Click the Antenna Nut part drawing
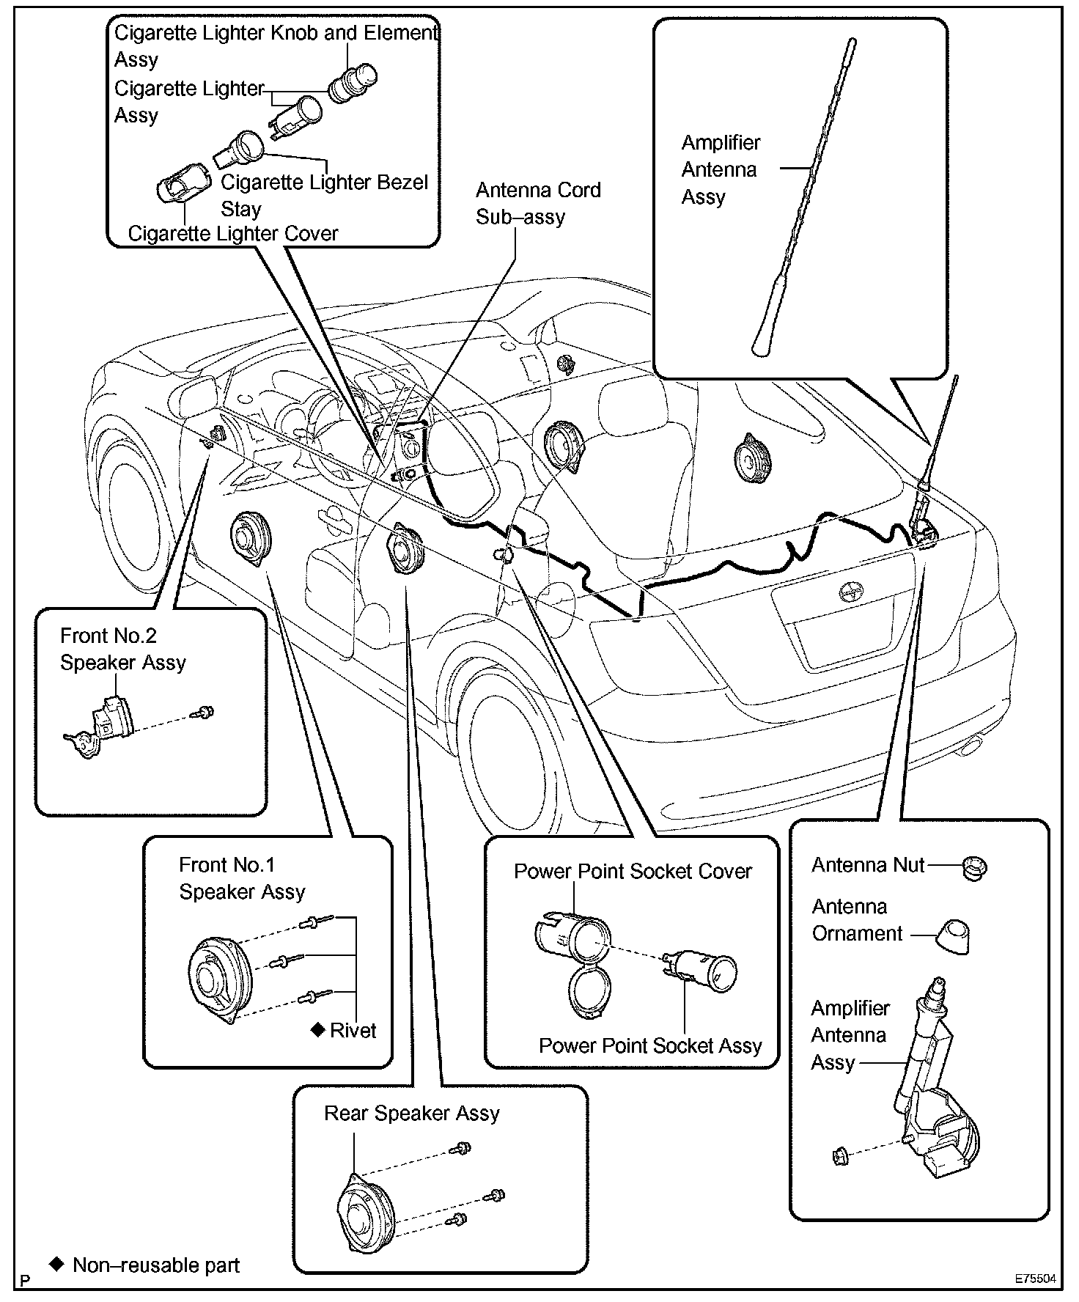click(x=974, y=867)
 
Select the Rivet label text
click(x=353, y=1030)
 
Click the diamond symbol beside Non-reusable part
click(x=56, y=1265)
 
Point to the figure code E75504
click(x=1035, y=1278)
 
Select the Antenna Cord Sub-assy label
click(x=537, y=203)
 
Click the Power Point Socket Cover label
click(x=633, y=871)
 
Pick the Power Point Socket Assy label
click(x=650, y=1045)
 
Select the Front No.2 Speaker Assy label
click(x=122, y=649)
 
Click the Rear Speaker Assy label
click(x=411, y=1113)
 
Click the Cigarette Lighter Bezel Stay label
click(x=324, y=195)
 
